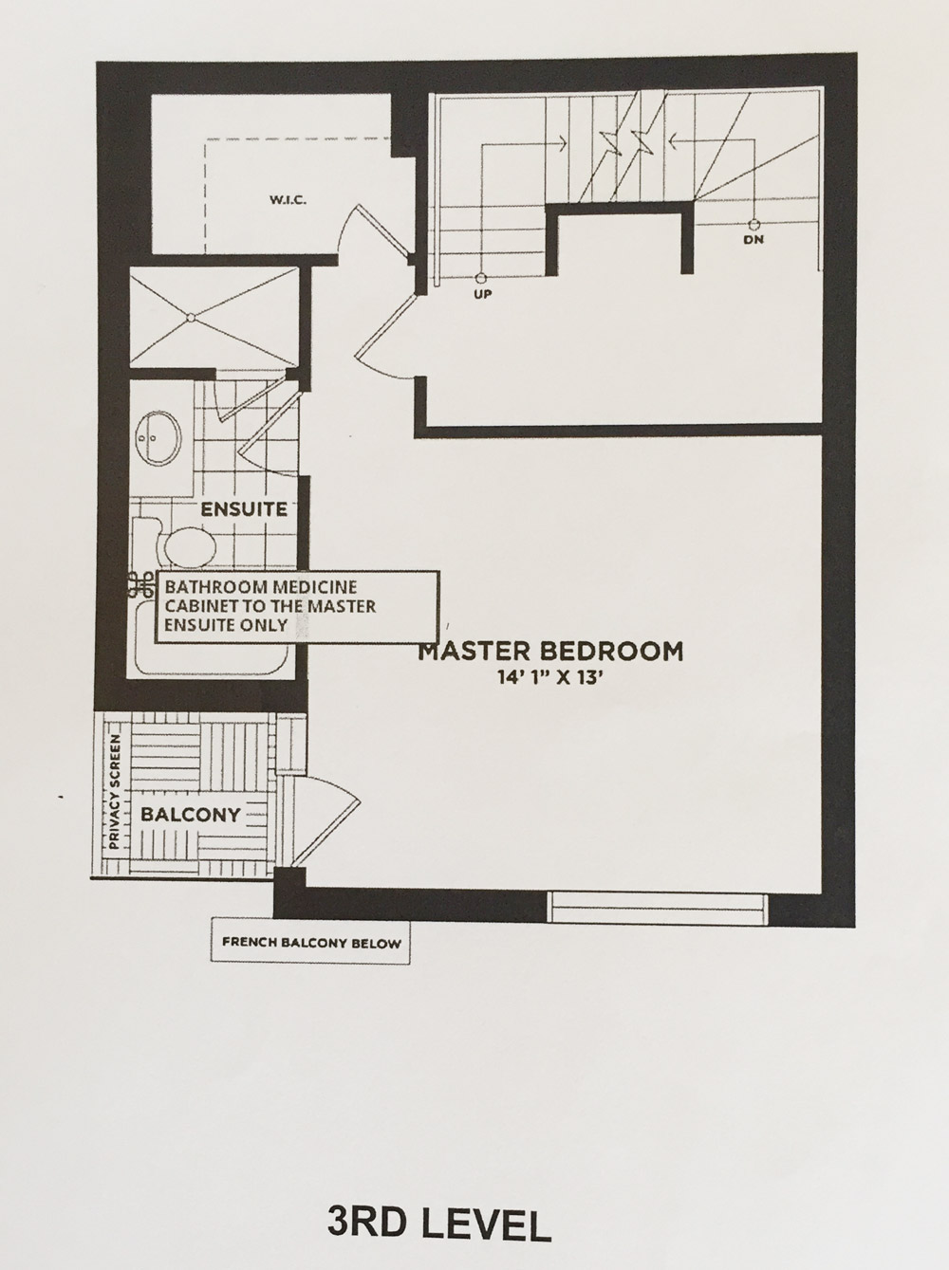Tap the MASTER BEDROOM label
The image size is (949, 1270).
[x=550, y=652]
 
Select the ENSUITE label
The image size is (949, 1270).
[x=244, y=509]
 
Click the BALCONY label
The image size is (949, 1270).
[x=191, y=815]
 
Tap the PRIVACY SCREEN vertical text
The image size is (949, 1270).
[x=114, y=792]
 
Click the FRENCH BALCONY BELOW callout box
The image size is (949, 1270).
[x=310, y=943]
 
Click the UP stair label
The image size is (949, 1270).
[x=483, y=295]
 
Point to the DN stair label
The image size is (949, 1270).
[x=754, y=240]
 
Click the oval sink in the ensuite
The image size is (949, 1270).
[x=158, y=438]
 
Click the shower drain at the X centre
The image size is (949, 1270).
[x=190, y=317]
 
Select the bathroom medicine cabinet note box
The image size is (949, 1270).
[x=297, y=606]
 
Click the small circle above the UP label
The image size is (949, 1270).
[x=479, y=277]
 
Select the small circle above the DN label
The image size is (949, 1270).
[x=754, y=223]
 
